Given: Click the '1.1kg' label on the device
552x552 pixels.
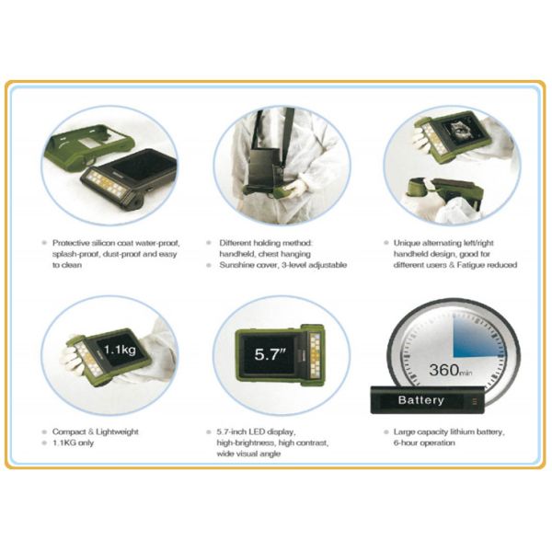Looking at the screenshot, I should (120, 350).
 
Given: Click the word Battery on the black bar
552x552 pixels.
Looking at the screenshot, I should (421, 400).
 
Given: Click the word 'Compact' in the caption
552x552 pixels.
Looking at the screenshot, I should (75, 431).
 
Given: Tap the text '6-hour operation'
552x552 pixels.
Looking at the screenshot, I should (418, 443).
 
